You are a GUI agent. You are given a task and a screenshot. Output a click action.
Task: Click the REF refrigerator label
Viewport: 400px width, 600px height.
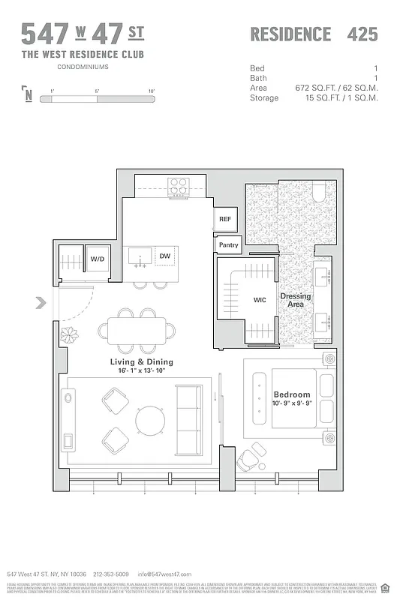(x=225, y=219)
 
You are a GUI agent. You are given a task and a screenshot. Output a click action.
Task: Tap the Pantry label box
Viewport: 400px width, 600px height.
(x=228, y=244)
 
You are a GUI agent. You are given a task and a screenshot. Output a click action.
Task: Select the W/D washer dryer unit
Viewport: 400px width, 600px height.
(x=98, y=259)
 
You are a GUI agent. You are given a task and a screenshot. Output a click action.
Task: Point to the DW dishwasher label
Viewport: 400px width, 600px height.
(x=164, y=256)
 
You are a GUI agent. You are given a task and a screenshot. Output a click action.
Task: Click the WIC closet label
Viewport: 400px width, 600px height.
(x=260, y=300)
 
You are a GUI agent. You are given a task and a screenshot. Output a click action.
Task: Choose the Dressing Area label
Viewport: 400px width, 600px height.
(x=295, y=301)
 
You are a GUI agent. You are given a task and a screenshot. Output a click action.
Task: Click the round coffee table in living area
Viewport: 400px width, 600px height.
(x=151, y=421)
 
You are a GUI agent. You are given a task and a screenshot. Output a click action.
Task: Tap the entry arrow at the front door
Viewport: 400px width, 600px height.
(x=41, y=304)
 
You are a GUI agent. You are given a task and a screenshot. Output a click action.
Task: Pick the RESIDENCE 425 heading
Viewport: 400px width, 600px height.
(x=313, y=34)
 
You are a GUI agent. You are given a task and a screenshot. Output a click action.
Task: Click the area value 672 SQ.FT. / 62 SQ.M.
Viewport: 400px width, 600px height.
(x=336, y=88)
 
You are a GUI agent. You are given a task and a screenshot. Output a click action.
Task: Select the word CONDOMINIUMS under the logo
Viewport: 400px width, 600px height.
(x=83, y=67)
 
